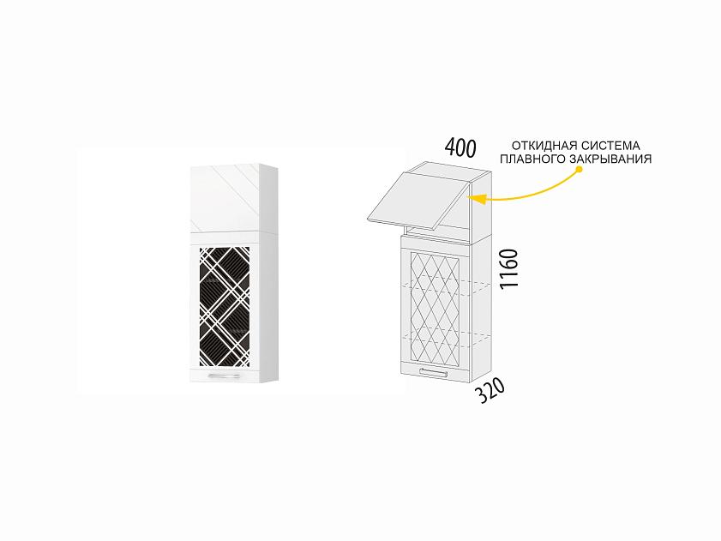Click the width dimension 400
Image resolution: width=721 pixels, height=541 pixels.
tap(460, 147)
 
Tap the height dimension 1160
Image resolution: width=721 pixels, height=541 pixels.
tap(509, 268)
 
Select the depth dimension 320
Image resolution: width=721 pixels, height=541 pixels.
tap(490, 390)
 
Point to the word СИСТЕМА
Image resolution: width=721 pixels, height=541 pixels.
tap(610, 146)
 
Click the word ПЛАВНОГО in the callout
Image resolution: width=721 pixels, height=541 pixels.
tap(532, 159)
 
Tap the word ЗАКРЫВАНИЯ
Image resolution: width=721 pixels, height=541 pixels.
tap(610, 159)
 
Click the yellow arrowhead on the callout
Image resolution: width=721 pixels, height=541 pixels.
tap(478, 199)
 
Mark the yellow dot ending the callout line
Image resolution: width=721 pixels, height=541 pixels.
tap(580, 169)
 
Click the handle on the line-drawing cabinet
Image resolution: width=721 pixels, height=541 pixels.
tap(433, 373)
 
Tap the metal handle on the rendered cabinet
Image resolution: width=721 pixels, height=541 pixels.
tap(224, 376)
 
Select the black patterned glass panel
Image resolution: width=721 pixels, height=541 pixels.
tap(225, 307)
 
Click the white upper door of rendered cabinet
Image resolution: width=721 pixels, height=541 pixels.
tap(225, 199)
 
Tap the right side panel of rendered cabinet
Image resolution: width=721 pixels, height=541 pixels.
tap(269, 274)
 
